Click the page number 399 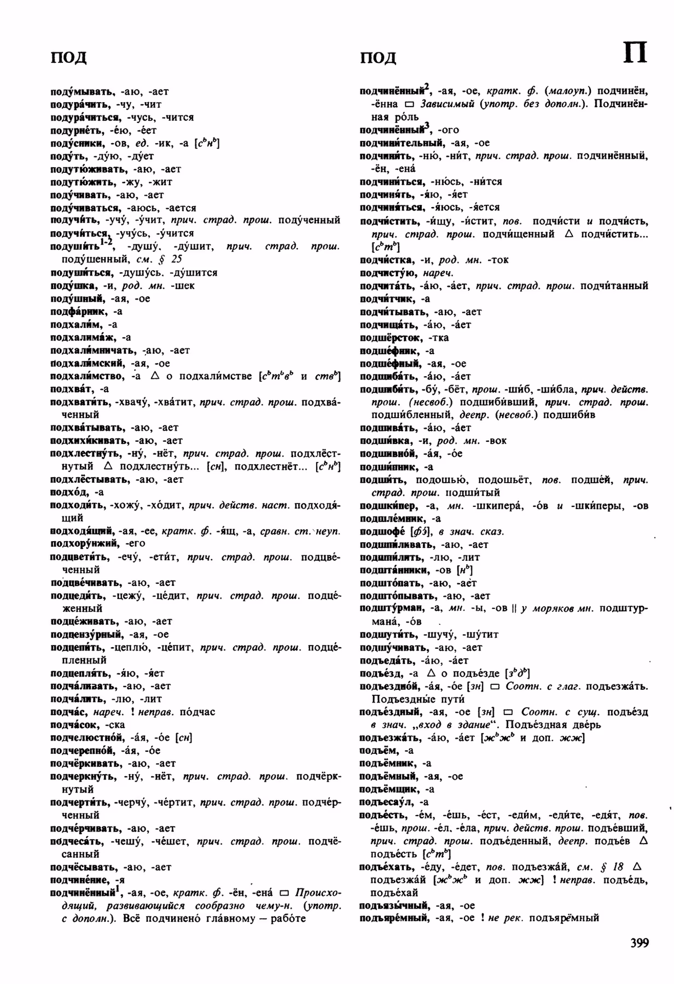[x=638, y=943]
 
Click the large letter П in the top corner [x=635, y=53]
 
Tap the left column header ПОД [x=68, y=57]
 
